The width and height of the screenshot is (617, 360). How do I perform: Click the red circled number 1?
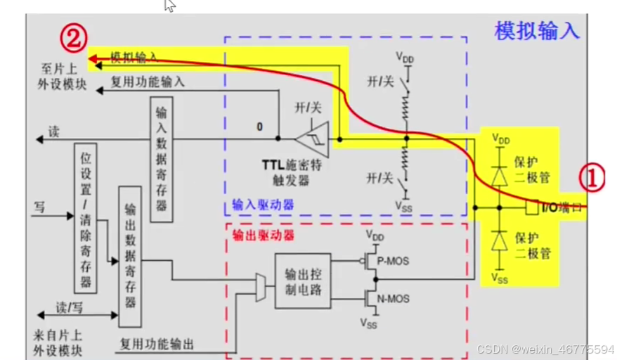(591, 179)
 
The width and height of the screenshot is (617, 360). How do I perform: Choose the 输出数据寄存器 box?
(130, 256)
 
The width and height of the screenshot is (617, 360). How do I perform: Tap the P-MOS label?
(393, 262)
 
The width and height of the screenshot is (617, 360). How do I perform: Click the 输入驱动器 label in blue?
(264, 205)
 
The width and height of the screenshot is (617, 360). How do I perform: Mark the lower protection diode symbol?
(500, 240)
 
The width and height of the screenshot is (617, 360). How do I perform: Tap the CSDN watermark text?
(545, 349)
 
